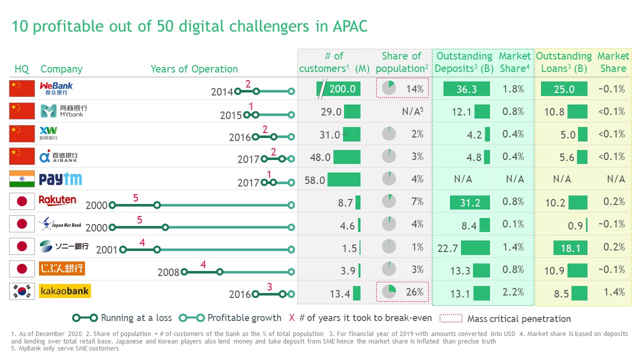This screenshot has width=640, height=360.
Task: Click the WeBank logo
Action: [56, 88]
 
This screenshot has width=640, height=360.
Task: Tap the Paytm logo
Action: [60, 179]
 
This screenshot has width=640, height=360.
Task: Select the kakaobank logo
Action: [65, 291]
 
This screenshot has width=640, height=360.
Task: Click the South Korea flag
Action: [22, 291]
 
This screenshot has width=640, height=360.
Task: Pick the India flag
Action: [22, 179]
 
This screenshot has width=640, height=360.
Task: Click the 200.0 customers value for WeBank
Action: [341, 89]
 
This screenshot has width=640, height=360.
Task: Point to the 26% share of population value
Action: [414, 292]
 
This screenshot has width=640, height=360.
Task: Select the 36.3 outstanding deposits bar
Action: [466, 89]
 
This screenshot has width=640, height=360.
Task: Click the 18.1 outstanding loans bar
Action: [570, 247]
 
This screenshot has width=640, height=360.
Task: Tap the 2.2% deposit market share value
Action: [513, 292]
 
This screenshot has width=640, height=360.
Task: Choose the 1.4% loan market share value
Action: [614, 292]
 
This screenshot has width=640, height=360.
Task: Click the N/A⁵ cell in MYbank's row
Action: [413, 111]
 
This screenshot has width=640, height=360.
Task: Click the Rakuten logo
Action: [57, 200]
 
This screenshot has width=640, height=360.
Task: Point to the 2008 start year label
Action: [168, 272]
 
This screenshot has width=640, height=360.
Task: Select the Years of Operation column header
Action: [194, 69]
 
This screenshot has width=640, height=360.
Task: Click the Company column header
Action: [61, 69]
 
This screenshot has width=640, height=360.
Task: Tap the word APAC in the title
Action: [349, 26]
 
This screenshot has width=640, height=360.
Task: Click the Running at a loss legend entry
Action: [123, 318]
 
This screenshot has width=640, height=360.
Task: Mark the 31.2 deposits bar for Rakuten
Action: [470, 202]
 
